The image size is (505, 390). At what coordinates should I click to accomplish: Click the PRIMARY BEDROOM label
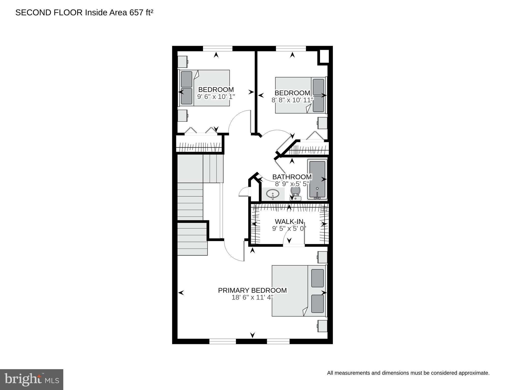coord(252,290)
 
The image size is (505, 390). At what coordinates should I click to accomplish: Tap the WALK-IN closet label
coord(289,222)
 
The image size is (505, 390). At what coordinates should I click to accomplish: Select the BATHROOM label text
coord(292,177)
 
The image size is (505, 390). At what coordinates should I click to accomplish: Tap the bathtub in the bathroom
coord(317,179)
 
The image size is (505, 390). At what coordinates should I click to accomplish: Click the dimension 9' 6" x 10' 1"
coord(216,97)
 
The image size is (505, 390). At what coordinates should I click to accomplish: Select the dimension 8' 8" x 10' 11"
coord(292,100)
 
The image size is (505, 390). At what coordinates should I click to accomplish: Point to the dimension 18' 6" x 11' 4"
coord(252,297)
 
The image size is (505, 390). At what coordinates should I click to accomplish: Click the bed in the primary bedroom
coord(299,291)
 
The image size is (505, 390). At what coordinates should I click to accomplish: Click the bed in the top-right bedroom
coord(300,95)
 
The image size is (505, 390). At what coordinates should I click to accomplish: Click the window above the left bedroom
coord(218,48)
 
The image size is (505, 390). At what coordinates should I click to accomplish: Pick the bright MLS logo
coord(32,379)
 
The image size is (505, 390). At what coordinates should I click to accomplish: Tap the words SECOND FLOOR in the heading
coord(49,12)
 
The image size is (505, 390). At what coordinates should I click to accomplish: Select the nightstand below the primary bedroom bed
coord(322,326)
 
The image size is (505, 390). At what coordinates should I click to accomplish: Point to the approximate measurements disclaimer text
coord(408,373)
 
